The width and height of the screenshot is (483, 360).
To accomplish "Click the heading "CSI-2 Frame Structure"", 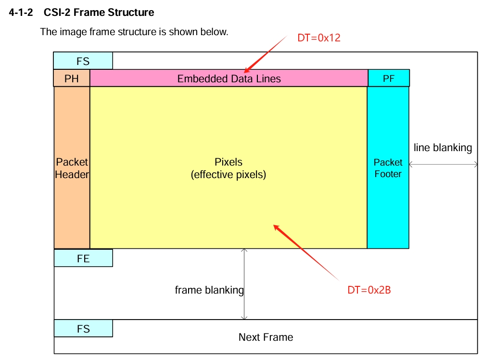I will [x=99, y=13].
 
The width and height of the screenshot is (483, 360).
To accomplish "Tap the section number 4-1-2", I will [x=21, y=13].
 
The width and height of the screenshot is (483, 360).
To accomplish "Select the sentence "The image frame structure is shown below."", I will [x=134, y=32].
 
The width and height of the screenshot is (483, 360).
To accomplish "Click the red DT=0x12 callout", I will [x=319, y=38].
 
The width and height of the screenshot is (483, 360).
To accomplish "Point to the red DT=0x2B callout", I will [x=369, y=290].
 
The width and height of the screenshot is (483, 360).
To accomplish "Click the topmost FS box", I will [x=83, y=61].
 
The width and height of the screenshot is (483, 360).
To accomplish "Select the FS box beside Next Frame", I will [x=83, y=329].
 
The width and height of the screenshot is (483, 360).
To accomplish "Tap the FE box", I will [x=83, y=258].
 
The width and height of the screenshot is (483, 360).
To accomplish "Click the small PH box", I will [x=72, y=78].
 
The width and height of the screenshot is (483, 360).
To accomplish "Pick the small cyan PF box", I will [x=389, y=78].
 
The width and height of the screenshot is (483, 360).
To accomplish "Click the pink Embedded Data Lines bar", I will [x=229, y=78].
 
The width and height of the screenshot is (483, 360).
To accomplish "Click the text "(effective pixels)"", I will [x=229, y=175].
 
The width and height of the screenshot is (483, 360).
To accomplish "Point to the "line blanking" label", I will [x=443, y=148].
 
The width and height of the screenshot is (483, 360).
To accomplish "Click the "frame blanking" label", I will [x=209, y=290].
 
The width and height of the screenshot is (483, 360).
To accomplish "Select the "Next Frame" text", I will [x=266, y=337].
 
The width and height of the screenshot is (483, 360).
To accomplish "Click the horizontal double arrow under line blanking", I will [x=443, y=165].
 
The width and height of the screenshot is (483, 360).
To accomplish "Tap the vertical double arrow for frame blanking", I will [x=244, y=284].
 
